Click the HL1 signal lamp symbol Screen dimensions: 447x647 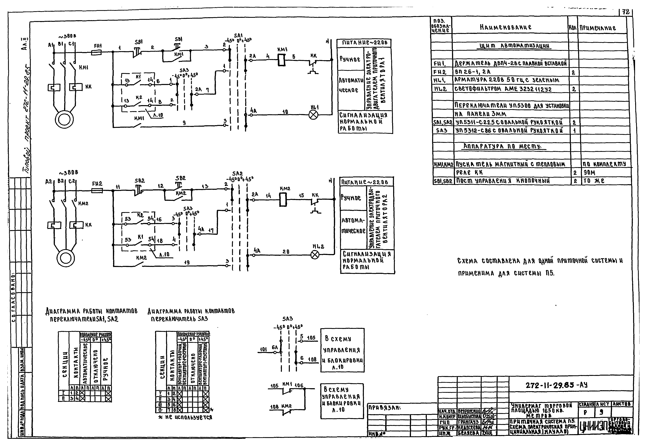[313, 115]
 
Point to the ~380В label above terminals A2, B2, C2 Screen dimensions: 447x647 [68, 173]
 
